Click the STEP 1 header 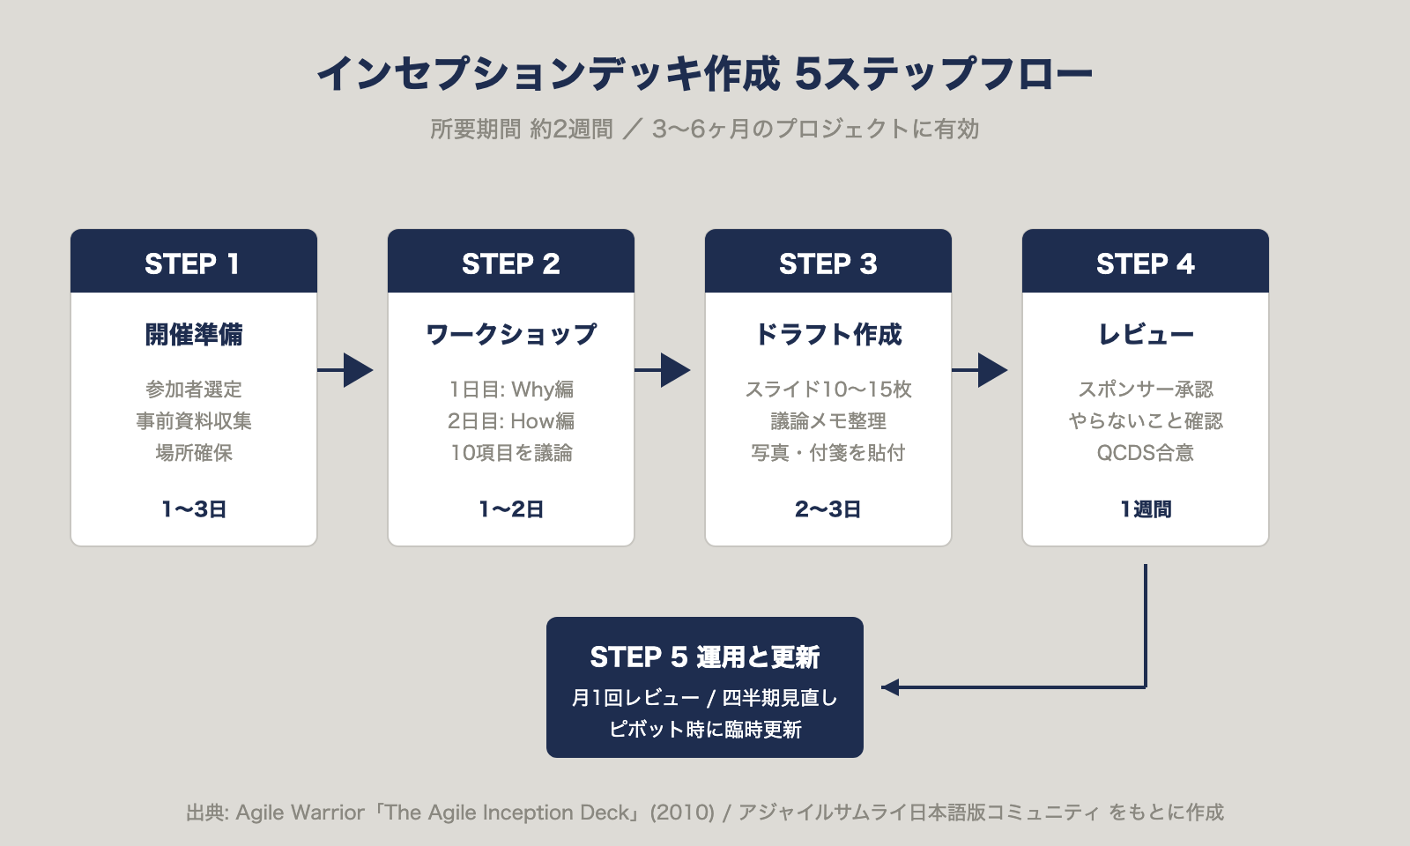pos(193,263)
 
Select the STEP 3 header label pos(827,263)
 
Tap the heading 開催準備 pos(193,335)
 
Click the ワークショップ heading pos(510,335)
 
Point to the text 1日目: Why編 pos(510,390)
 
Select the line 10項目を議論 pos(510,453)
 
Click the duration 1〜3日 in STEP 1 pos(193,509)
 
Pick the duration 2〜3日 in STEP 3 pos(827,509)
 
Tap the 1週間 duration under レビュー pos(1145,509)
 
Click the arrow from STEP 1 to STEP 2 pos(345,370)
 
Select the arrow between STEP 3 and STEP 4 pos(980,370)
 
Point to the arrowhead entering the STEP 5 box pos(890,687)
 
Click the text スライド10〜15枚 pos(827,390)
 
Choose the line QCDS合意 pos(1145,453)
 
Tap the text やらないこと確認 pos(1145,421)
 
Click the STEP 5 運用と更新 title pos(704,657)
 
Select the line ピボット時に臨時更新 pos(704,730)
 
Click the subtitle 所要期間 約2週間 pos(521,130)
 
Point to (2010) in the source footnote pos(682,813)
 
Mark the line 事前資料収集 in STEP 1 pos(193,421)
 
